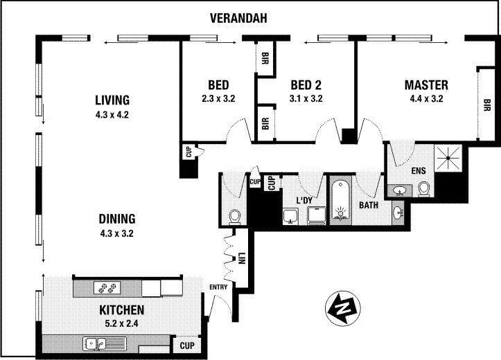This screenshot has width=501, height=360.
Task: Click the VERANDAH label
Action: click(240, 19)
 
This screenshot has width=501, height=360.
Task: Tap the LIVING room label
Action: click(112, 100)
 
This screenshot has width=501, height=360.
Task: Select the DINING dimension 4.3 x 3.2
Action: click(116, 233)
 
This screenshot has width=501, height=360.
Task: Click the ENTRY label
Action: click(219, 287)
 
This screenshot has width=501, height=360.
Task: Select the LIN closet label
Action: click(241, 258)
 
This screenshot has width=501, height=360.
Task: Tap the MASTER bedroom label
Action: click(426, 85)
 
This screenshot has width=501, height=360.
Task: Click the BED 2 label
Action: click(306, 85)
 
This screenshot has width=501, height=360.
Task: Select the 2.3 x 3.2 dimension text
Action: click(219, 98)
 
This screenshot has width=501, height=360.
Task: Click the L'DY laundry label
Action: click(306, 200)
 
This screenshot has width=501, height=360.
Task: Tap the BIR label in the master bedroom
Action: click(488, 105)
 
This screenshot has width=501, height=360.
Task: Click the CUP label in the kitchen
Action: click(186, 345)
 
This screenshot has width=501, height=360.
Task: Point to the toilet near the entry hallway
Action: click(234, 215)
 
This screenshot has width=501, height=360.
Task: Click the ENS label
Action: click(417, 170)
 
